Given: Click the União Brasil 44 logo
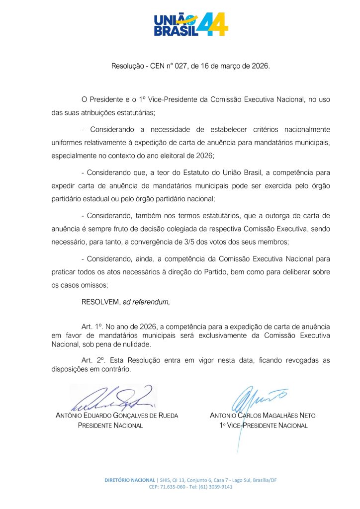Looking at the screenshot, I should click(x=191, y=24).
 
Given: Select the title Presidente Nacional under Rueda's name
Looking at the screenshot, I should click(x=111, y=425).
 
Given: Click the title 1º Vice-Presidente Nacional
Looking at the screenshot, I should click(x=264, y=425).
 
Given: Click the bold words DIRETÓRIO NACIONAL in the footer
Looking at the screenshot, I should click(x=129, y=480).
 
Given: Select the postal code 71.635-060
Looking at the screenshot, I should click(x=174, y=487).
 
